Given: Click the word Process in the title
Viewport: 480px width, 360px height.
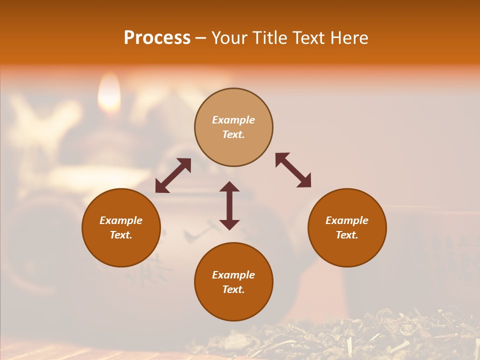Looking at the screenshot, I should click(157, 38).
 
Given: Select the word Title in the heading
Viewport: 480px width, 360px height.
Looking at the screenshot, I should click(270, 38).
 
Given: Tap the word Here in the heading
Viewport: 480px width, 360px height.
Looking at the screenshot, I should click(348, 38).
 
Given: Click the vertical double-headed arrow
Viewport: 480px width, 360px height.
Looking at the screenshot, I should click(229, 205).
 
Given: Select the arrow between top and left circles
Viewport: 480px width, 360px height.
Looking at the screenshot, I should click(173, 175).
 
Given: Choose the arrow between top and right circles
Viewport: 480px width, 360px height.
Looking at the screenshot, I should click(293, 170).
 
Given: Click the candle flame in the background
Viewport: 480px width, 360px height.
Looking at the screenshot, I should click(108, 95).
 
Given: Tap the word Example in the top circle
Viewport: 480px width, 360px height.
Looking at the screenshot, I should click(233, 120).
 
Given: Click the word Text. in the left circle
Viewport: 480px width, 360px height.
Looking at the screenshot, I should click(121, 235).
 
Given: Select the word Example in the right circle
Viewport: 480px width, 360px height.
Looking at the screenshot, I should click(347, 220).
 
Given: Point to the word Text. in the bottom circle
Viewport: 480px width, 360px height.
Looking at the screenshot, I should click(233, 289).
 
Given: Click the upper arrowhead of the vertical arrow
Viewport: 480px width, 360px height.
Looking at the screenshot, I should click(229, 187).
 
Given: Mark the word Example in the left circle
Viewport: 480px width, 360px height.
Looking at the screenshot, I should click(121, 220).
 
